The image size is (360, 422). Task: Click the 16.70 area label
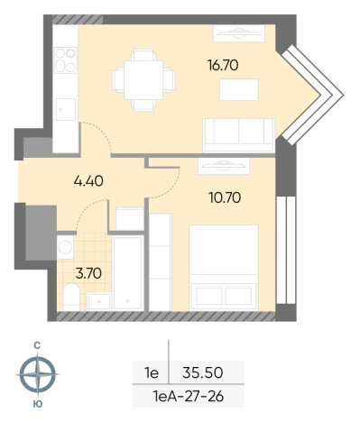tap(223, 65)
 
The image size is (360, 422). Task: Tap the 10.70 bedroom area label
tap(225, 198)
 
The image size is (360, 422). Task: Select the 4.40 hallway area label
tap(88, 181)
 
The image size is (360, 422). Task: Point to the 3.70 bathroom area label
tap(88, 274)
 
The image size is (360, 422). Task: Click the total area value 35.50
tap(203, 373)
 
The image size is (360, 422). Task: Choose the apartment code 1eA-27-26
tap(189, 397)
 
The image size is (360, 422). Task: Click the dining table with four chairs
tap(143, 80)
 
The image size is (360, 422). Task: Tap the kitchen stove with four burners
tap(66, 60)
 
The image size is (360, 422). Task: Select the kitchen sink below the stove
tap(66, 109)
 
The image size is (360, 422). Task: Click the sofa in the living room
tap(239, 135)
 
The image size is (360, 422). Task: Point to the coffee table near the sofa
tap(239, 89)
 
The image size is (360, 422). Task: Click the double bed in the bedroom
tap(224, 268)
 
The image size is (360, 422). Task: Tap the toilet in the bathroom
tap(71, 297)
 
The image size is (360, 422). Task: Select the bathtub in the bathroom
tap(128, 273)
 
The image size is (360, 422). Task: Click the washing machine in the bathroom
tap(65, 247)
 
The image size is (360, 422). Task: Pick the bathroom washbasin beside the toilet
tap(99, 301)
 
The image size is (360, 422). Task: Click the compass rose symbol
tap(38, 374)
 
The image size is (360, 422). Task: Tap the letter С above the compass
tap(37, 346)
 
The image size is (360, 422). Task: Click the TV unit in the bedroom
tap(224, 166)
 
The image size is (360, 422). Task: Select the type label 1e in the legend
tap(152, 373)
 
